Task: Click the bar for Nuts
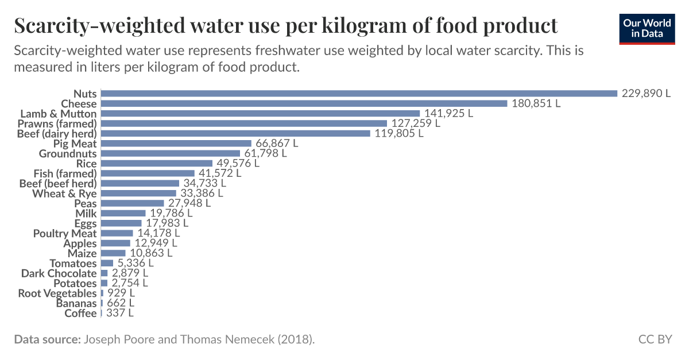click(x=359, y=94)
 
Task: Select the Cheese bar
click(x=304, y=103)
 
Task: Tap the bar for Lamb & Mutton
click(x=260, y=114)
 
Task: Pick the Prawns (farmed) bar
click(x=243, y=123)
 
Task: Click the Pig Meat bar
click(x=176, y=144)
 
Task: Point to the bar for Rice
click(x=156, y=163)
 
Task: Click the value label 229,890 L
click(x=646, y=94)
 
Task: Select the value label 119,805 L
click(x=399, y=133)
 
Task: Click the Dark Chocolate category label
click(x=59, y=273)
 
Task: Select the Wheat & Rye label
click(x=64, y=193)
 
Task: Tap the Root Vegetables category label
click(x=57, y=293)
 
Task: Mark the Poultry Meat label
click(x=65, y=233)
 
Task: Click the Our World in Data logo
click(x=647, y=28)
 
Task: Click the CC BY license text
click(x=655, y=339)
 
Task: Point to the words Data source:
click(x=47, y=339)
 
